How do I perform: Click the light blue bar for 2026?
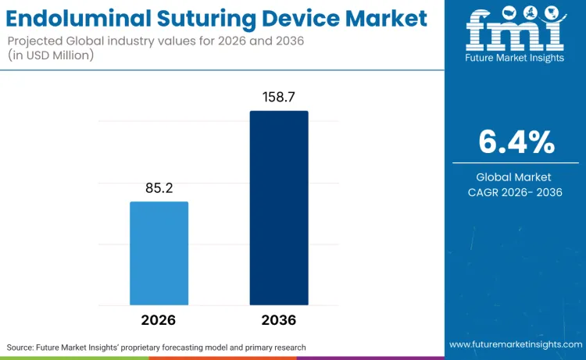(159, 253)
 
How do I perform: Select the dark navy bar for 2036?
(279, 208)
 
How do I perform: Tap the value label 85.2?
(159, 187)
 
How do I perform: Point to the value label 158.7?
(279, 97)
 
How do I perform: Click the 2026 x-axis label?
(159, 320)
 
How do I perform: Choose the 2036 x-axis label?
(279, 320)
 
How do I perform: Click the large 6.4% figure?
(516, 142)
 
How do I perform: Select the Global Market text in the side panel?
(515, 177)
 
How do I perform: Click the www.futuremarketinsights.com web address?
(515, 344)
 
